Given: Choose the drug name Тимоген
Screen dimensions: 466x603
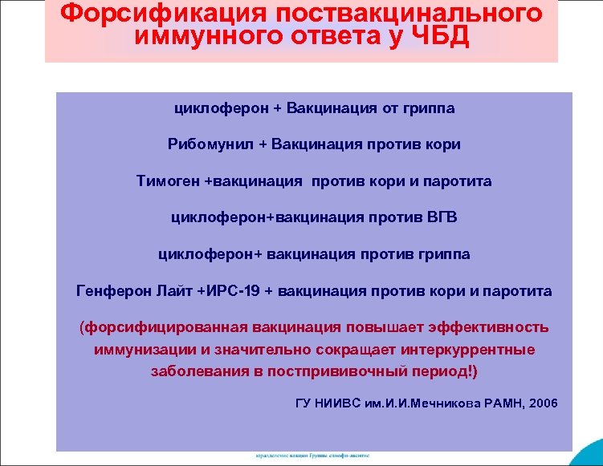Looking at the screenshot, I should [x=169, y=181].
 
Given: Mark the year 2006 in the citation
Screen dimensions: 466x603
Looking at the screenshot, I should [x=538, y=402].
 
